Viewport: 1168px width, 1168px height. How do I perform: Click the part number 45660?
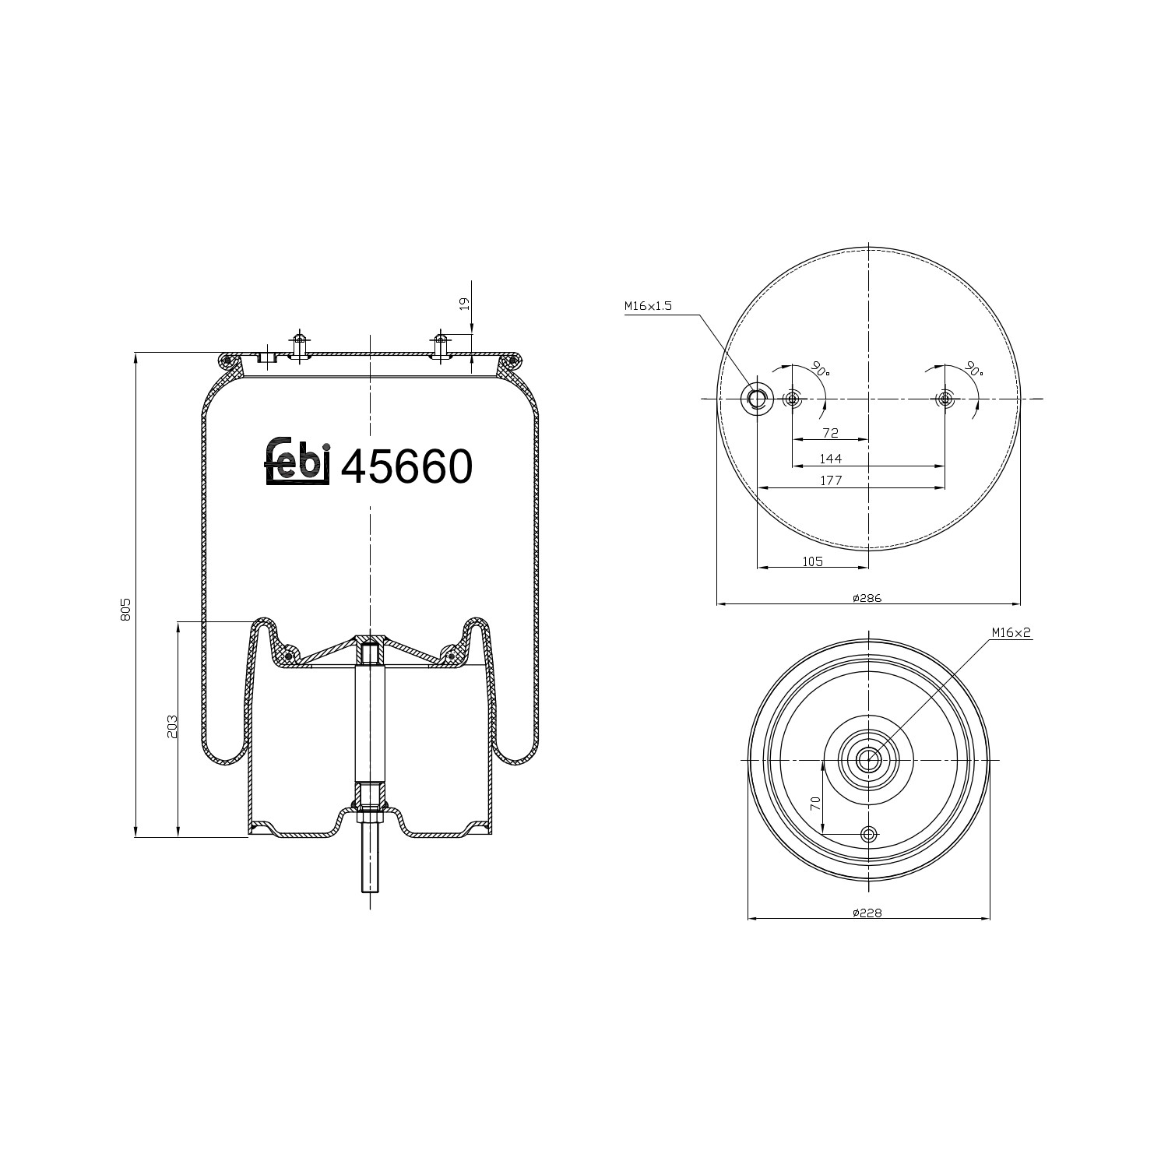(x=406, y=467)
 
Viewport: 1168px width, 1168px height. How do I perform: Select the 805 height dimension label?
(x=125, y=610)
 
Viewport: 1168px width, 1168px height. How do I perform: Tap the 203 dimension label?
(x=173, y=726)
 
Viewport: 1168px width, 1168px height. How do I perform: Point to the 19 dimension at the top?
(x=465, y=304)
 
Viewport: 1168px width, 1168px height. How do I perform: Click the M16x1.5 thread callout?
(x=647, y=307)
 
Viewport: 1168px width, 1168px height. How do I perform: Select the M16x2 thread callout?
(x=1011, y=633)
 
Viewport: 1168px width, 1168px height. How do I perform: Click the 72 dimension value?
(x=830, y=433)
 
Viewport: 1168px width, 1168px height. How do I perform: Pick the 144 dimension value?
(x=830, y=459)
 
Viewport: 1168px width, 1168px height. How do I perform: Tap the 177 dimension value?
(x=830, y=480)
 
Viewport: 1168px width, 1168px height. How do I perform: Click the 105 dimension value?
(x=812, y=561)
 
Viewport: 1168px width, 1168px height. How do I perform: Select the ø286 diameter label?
(x=867, y=598)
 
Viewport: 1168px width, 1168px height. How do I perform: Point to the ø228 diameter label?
(x=867, y=913)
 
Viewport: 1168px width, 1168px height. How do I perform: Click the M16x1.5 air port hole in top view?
(x=757, y=399)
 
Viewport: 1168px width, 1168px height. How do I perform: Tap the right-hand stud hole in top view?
(x=945, y=399)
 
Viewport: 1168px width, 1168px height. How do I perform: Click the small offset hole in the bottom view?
(x=868, y=835)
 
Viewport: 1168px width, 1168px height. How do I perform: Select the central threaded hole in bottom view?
(x=868, y=759)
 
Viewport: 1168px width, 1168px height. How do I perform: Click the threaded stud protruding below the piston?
(x=369, y=864)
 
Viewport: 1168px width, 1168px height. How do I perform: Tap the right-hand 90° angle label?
(x=973, y=369)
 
